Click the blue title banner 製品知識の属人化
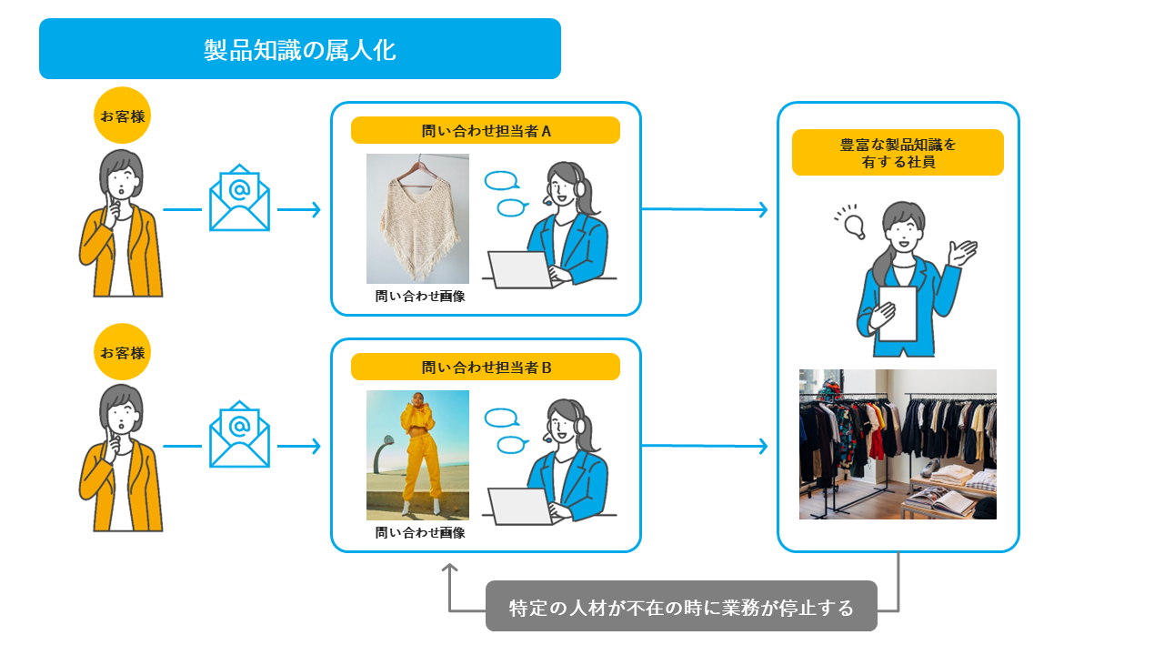pos(300,49)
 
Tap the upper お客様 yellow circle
pos(122,116)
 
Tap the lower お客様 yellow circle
pos(122,352)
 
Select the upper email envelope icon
pos(239,197)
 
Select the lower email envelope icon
pos(239,434)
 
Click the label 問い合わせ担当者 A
pos(486,131)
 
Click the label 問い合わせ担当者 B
pos(486,368)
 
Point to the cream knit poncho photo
pos(417,218)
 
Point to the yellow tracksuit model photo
pos(417,455)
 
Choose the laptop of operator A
pos(521,269)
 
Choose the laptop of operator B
pos(521,506)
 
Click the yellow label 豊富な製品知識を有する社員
pos(898,153)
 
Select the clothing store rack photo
pos(898,444)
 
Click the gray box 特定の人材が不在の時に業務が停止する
pos(681,607)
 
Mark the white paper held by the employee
pos(897,313)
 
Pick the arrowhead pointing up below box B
pos(449,568)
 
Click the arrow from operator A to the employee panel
pos(705,210)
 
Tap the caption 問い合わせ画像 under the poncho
pos(420,297)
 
